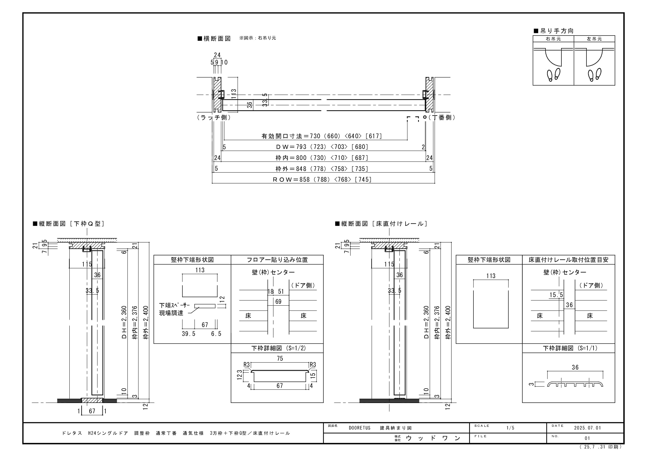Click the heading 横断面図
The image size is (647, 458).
[214, 39]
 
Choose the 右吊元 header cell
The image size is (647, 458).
[553, 39]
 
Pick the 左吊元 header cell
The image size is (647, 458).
[594, 39]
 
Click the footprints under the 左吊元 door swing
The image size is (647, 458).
[594, 75]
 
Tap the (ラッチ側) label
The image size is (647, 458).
[214, 117]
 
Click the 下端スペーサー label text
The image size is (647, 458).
[175, 305]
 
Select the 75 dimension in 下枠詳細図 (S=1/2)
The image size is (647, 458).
[280, 359]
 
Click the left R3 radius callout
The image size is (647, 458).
[247, 365]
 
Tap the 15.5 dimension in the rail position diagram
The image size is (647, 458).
[556, 295]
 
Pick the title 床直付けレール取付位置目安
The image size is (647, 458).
[568, 260]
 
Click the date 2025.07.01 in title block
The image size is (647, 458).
[588, 428]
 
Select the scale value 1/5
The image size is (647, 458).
[510, 428]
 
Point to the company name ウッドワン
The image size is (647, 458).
[433, 438]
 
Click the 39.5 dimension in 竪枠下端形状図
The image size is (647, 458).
[189, 334]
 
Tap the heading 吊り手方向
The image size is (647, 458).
[553, 31]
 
